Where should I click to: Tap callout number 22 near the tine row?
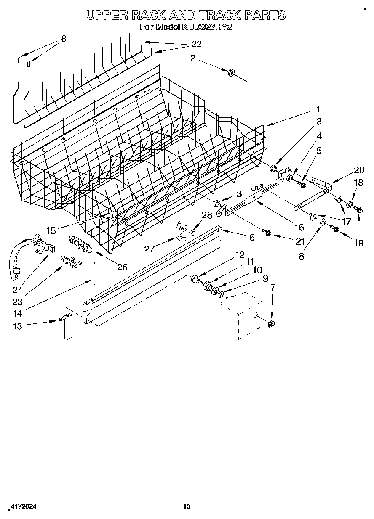pos(196,44)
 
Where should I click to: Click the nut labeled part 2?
pos(231,73)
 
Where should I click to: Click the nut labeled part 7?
pos(271,323)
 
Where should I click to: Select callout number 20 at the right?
pos(359,170)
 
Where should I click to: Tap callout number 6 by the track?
pos(252,238)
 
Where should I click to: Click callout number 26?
pos(122,267)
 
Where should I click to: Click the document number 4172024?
pos(22,507)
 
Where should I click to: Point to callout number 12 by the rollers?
pos(240,254)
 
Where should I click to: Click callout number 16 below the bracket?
pos(299,227)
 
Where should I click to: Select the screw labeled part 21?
pos(265,232)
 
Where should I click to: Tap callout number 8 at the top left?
pos(64,39)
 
